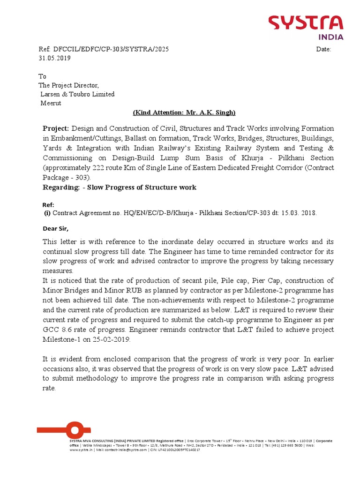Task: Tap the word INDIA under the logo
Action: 331,37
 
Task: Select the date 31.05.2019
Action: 54,59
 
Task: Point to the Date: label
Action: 323,49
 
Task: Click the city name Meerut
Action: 51,103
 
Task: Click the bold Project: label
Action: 56,128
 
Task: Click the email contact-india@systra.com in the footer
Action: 126,450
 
